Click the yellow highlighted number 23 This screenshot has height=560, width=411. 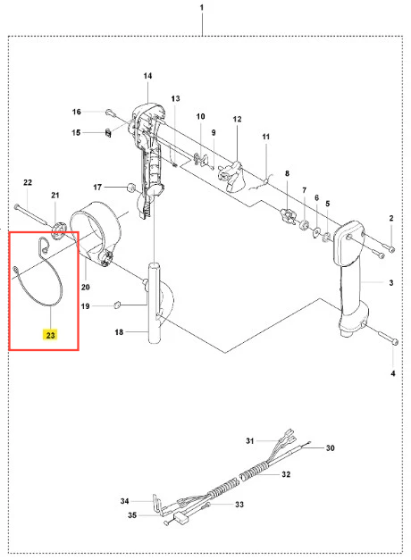click(50, 335)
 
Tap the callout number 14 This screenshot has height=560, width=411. click(147, 76)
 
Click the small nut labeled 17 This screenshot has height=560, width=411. click(131, 188)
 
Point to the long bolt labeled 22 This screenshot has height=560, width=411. click(31, 214)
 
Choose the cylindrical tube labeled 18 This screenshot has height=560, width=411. click(155, 303)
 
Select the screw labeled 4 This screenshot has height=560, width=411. click(387, 338)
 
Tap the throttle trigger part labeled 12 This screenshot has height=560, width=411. click(231, 176)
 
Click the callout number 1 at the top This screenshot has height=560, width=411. click(202, 7)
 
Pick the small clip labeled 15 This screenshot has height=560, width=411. click(108, 133)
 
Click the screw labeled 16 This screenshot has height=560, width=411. click(110, 113)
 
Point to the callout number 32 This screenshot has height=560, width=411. click(286, 474)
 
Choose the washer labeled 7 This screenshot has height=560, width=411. click(305, 225)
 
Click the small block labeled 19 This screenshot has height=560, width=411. click(117, 305)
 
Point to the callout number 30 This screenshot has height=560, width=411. click(330, 447)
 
